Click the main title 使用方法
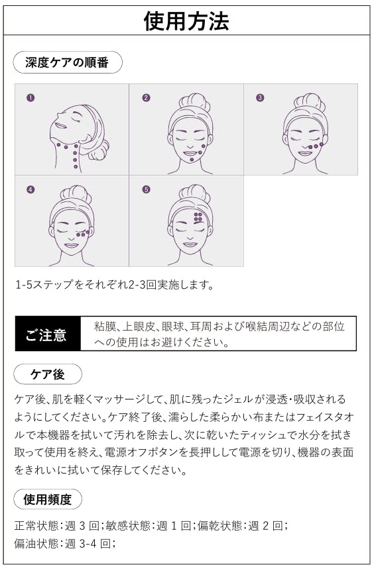[186, 21]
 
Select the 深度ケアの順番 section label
[68, 62]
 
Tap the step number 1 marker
[31, 97]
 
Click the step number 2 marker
[146, 97]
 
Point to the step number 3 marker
[260, 97]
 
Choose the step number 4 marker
[31, 189]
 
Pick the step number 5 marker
[146, 189]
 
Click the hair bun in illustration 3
[310, 101]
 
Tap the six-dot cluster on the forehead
[198, 217]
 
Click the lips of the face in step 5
[190, 245]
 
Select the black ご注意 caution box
[48, 334]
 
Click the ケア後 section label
[47, 374]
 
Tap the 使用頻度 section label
[47, 499]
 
